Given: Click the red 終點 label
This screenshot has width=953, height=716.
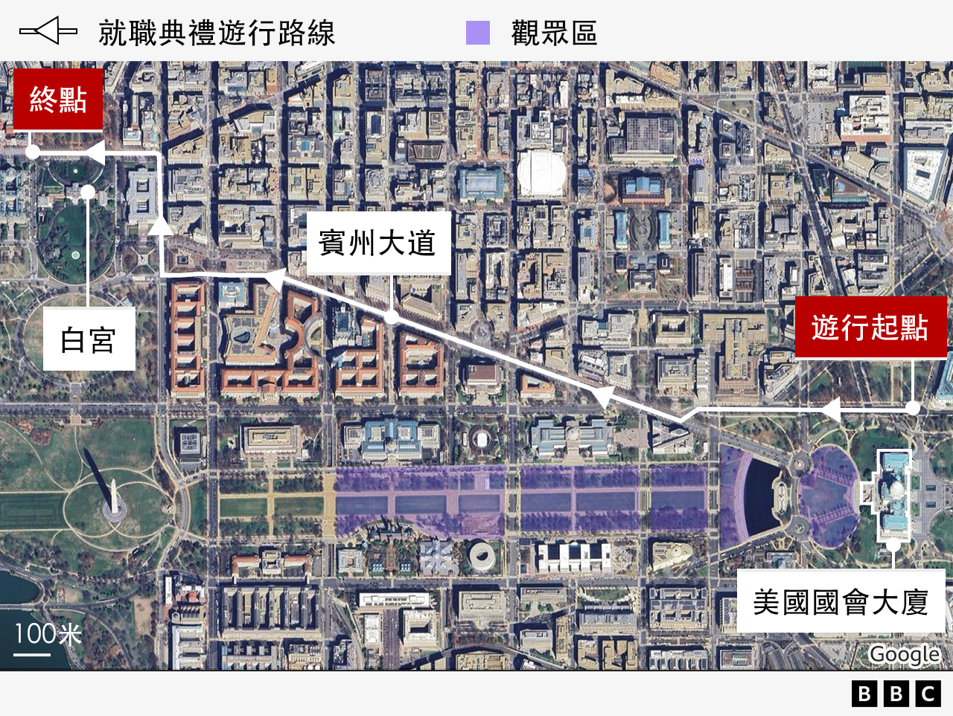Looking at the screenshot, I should [x=58, y=100].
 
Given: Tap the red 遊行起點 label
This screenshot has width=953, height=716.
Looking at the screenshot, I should [x=870, y=327].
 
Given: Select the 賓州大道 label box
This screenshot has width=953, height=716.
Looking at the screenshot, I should [x=378, y=243].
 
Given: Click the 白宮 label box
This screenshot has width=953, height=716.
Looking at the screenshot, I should [x=89, y=339].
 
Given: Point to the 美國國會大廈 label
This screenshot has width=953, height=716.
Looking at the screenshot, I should [x=841, y=601].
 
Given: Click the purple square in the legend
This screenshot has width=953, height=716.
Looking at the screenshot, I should [x=478, y=33].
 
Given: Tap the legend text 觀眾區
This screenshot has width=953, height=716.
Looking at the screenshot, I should [x=554, y=33].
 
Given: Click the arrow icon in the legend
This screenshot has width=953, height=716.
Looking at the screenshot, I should [x=48, y=31].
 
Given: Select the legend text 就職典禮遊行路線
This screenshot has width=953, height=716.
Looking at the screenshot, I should [x=217, y=33].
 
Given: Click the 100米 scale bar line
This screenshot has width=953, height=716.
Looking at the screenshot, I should [x=32, y=655].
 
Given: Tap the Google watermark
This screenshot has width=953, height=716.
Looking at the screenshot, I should [x=904, y=654].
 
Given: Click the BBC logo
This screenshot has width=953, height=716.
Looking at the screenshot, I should [x=896, y=694].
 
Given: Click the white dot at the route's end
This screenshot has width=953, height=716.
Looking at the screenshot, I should [x=33, y=152].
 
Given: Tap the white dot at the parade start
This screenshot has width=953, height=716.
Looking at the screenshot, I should [x=914, y=408].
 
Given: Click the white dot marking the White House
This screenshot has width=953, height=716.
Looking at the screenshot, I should [x=88, y=192].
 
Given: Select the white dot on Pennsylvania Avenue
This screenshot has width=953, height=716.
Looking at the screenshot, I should [x=392, y=317].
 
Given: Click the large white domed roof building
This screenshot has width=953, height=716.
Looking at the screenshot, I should [x=541, y=173].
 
